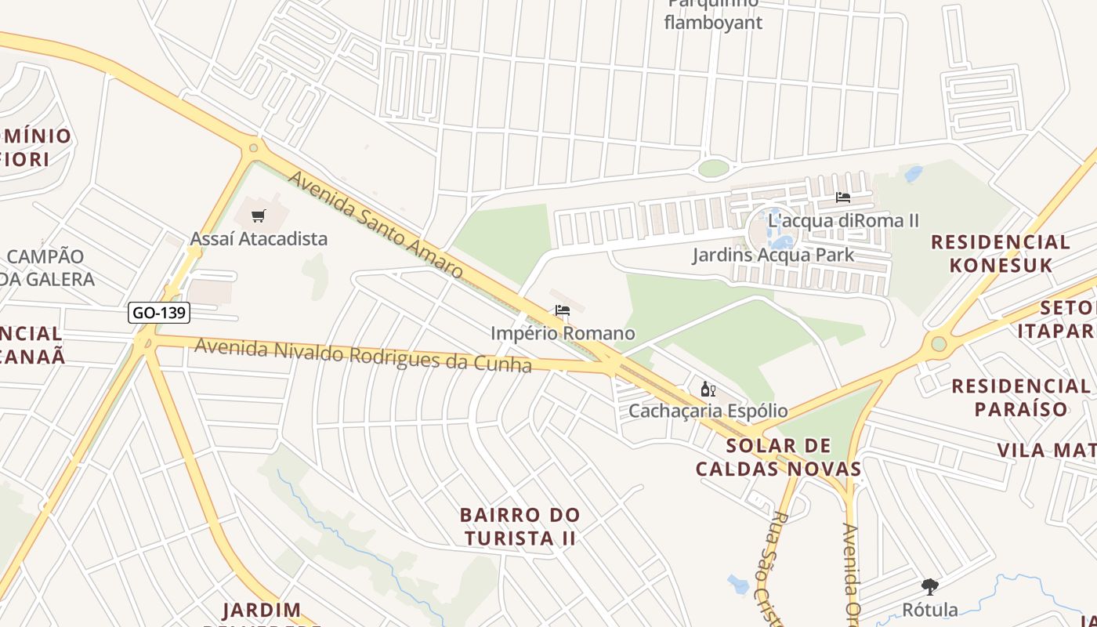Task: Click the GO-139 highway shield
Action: click(x=159, y=313)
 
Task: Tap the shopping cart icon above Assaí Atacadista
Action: click(x=259, y=216)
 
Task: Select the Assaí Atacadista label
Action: click(x=259, y=238)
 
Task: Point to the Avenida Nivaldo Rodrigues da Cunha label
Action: click(x=363, y=355)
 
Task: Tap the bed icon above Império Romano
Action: click(x=562, y=311)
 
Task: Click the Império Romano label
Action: click(x=562, y=333)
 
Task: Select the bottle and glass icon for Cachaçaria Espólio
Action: click(x=708, y=390)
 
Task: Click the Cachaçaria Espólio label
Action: click(x=708, y=411)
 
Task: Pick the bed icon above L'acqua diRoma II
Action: click(x=843, y=198)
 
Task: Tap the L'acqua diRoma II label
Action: click(x=843, y=220)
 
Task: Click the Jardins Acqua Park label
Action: click(x=773, y=255)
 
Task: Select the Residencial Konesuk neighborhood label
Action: click(x=1001, y=253)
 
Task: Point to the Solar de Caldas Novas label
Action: click(x=778, y=458)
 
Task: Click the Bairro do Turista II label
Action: click(x=520, y=527)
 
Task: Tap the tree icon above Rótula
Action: click(x=930, y=586)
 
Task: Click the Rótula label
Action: click(x=930, y=609)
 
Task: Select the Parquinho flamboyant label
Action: click(x=713, y=14)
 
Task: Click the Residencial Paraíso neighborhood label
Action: click(x=1020, y=397)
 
